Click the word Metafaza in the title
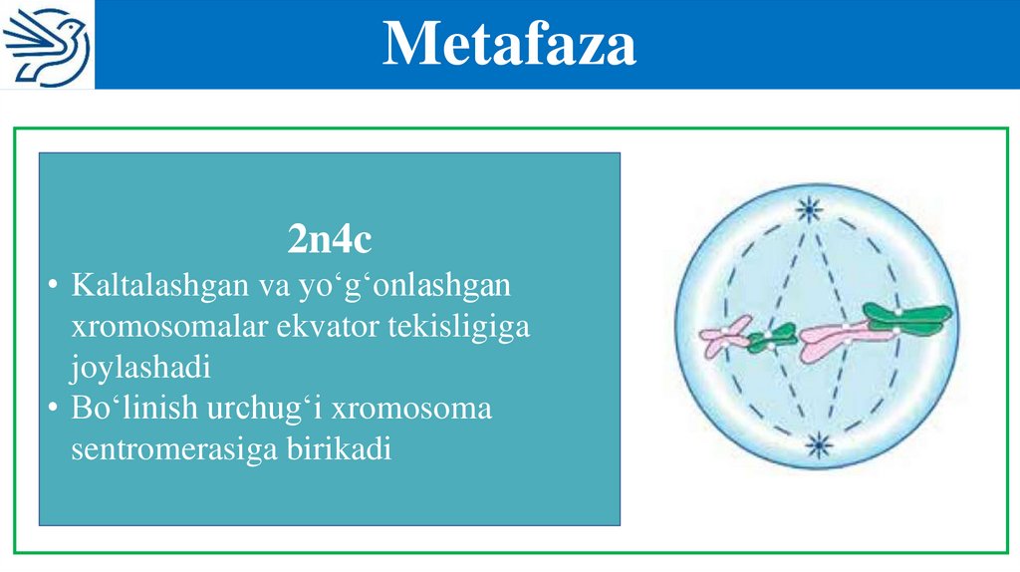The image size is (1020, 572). pos(509,44)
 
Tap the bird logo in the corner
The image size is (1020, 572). pos(47,45)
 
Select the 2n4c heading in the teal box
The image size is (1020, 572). pos(330,239)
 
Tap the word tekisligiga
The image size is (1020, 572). pos(456,327)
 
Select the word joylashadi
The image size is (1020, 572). pos(140,368)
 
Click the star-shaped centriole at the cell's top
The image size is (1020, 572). pos(809,210)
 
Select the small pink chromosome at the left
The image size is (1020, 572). pos(724,336)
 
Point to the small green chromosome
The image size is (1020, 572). pos(772,338)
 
